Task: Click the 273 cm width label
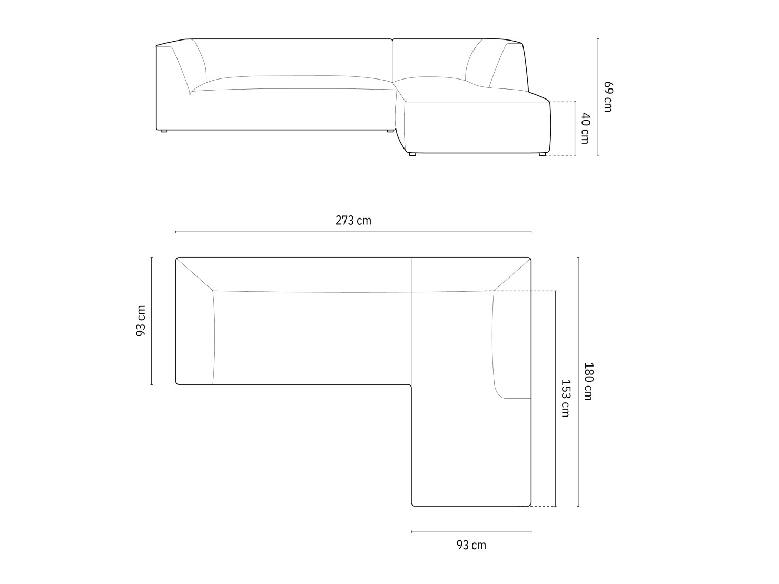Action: (x=353, y=221)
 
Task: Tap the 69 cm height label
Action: (x=608, y=97)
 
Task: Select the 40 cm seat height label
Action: (x=585, y=128)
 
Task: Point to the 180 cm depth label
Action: (x=588, y=381)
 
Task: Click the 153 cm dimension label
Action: (x=565, y=398)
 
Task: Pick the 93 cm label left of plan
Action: (x=141, y=321)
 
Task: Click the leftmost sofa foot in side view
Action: (x=164, y=131)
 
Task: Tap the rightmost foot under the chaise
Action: (x=542, y=154)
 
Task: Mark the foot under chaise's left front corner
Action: (x=412, y=154)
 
